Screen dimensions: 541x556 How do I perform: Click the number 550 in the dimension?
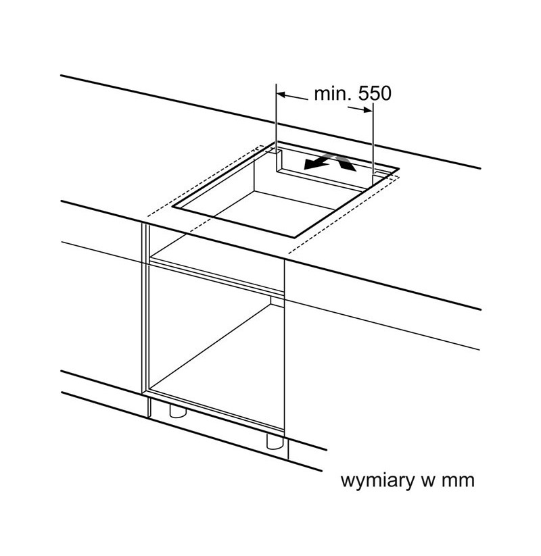(x=374, y=94)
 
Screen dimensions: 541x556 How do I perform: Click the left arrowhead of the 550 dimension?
(x=281, y=95)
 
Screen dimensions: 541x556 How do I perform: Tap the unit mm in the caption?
(x=458, y=481)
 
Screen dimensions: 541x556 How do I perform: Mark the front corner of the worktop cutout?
(x=294, y=237)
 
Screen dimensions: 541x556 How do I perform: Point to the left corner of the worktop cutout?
(x=172, y=206)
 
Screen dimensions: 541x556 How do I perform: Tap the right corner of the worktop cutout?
(x=400, y=168)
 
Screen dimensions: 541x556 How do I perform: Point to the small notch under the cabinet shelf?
(x=277, y=301)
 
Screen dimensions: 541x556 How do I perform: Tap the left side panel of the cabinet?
(x=145, y=309)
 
